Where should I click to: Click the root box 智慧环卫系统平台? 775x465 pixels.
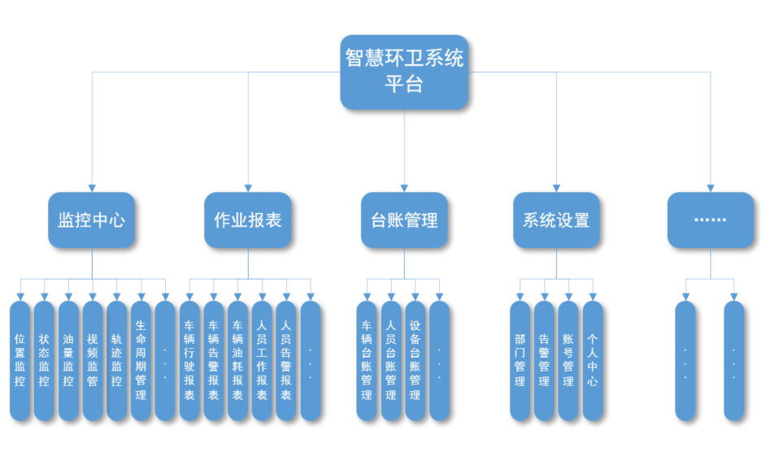point(404,72)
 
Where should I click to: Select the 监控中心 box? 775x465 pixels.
point(91,220)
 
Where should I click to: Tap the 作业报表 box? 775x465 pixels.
point(247,220)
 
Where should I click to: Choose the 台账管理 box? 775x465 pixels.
point(404,220)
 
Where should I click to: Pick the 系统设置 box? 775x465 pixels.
point(556,220)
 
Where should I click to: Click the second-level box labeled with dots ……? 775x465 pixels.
point(711,220)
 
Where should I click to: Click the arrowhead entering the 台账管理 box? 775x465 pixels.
point(404,188)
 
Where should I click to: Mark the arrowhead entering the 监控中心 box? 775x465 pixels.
point(91,188)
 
